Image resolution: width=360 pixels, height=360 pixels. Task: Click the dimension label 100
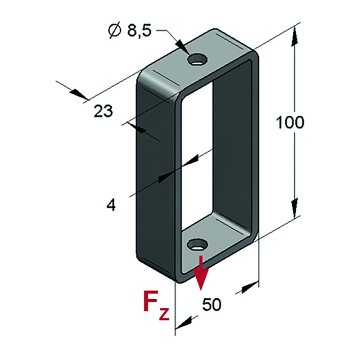pos(290,122)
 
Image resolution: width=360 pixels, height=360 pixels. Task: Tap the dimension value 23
pos(103,111)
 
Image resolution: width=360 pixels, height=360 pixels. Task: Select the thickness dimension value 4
pos(111,205)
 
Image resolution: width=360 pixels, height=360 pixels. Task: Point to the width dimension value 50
pos(211,305)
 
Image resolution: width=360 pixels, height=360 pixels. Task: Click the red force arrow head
pos(201,279)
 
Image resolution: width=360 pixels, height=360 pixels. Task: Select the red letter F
pos(151,301)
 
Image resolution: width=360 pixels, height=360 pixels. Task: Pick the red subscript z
pos(164,314)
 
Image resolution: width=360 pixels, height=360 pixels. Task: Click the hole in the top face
pos(198,60)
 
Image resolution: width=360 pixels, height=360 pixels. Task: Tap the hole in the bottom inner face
pos(198,245)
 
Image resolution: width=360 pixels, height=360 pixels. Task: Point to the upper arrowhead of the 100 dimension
pos(295,36)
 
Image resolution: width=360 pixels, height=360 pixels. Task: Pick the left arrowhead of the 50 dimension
pos(184,323)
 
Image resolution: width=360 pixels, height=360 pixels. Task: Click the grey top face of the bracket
pos(198,62)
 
